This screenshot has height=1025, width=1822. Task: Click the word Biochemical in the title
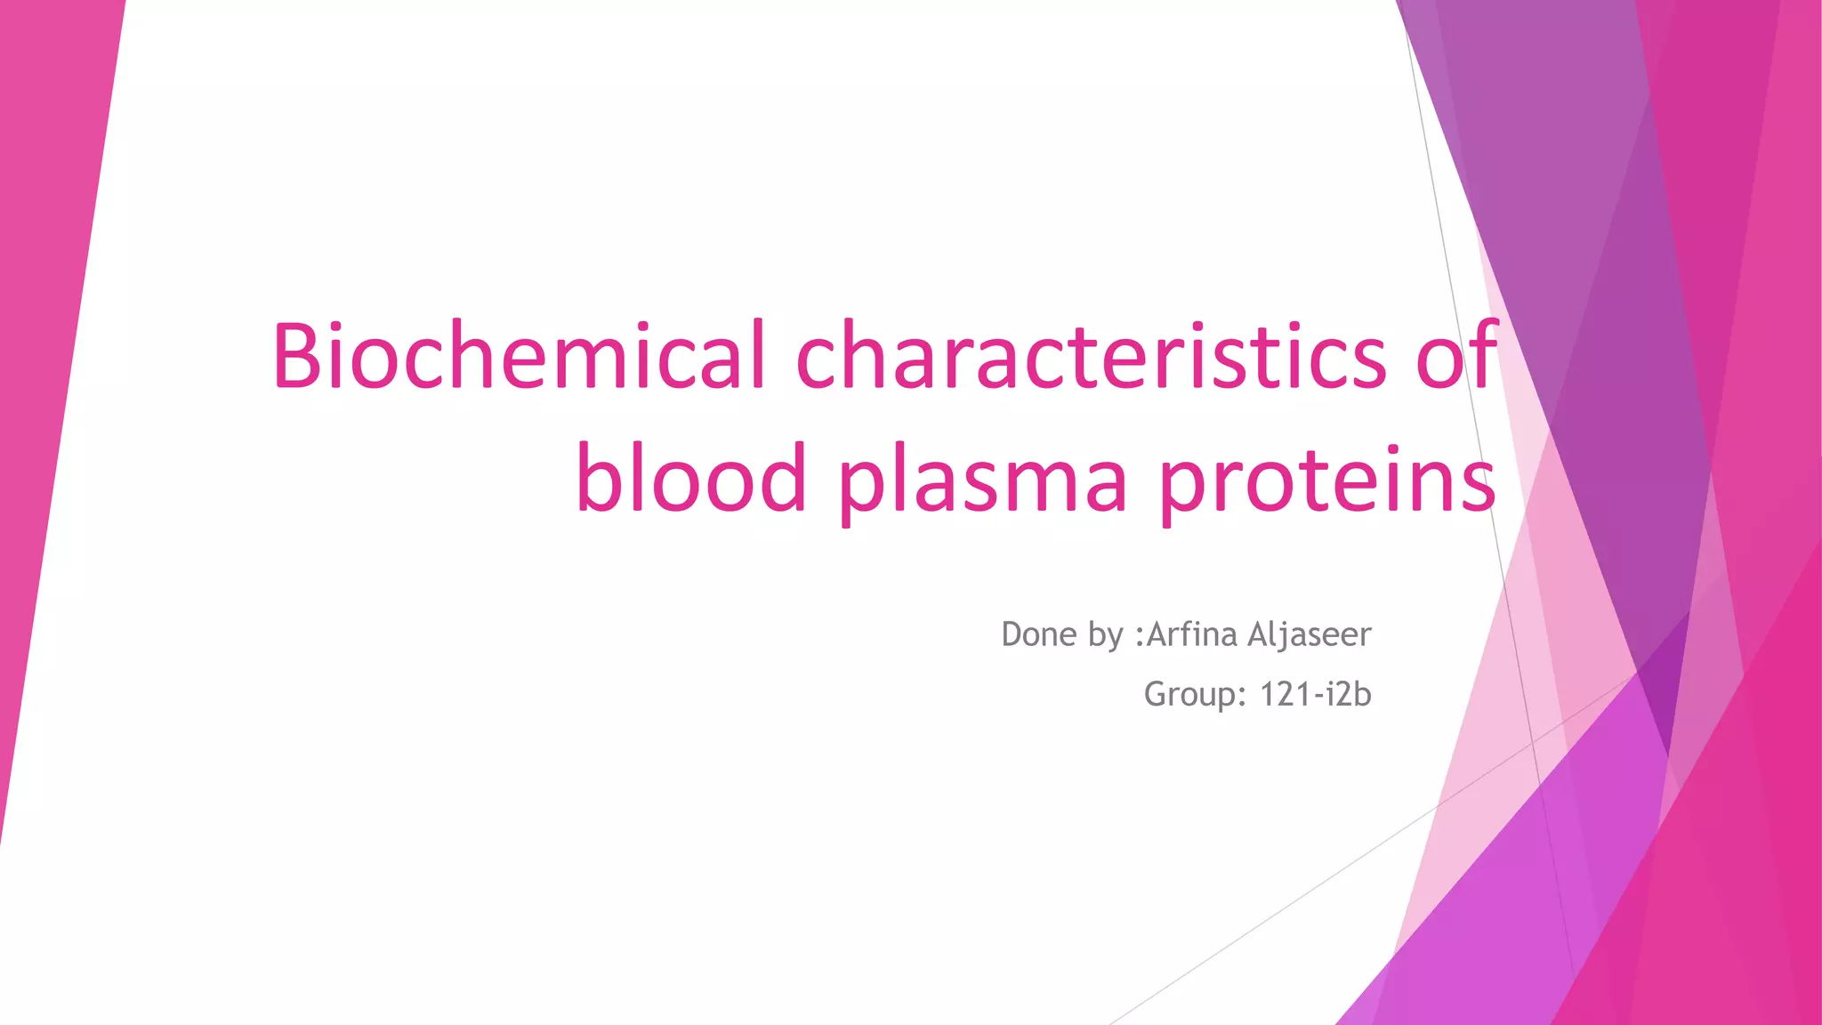tap(519, 356)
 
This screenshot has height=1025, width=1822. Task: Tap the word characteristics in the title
tap(1090, 356)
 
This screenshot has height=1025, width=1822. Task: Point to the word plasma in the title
tap(983, 480)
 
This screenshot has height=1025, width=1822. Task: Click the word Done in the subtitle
tap(1038, 634)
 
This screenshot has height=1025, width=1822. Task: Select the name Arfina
tap(1192, 634)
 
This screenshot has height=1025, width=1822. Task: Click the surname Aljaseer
tap(1310, 635)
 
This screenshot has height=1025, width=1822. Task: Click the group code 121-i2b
tap(1315, 694)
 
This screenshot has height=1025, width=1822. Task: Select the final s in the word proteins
tap(1476, 485)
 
